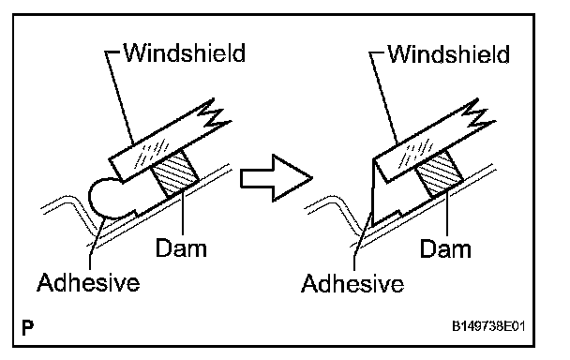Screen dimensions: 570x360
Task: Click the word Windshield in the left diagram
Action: pos(185,53)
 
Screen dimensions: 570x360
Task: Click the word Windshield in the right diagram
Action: pos(448,54)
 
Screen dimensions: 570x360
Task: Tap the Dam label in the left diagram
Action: pos(181,248)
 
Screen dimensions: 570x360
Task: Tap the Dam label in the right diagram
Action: pos(445,249)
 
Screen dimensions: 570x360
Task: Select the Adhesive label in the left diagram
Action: pos(88,282)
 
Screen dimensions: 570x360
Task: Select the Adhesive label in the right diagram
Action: pos(352,283)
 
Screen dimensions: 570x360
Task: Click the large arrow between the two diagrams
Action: pos(277,178)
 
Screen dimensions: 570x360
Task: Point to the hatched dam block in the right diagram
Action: pos(439,175)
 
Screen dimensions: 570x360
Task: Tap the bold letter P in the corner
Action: pos(27,327)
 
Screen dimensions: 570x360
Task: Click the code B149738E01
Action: pos(488,326)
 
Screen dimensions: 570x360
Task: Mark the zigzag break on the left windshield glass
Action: pos(215,113)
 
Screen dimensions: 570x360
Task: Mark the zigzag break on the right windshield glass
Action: pos(479,113)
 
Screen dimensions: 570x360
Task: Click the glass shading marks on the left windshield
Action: pos(152,154)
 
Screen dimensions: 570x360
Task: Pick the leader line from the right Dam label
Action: pos(447,213)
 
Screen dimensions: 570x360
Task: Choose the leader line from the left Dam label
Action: pos(183,213)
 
